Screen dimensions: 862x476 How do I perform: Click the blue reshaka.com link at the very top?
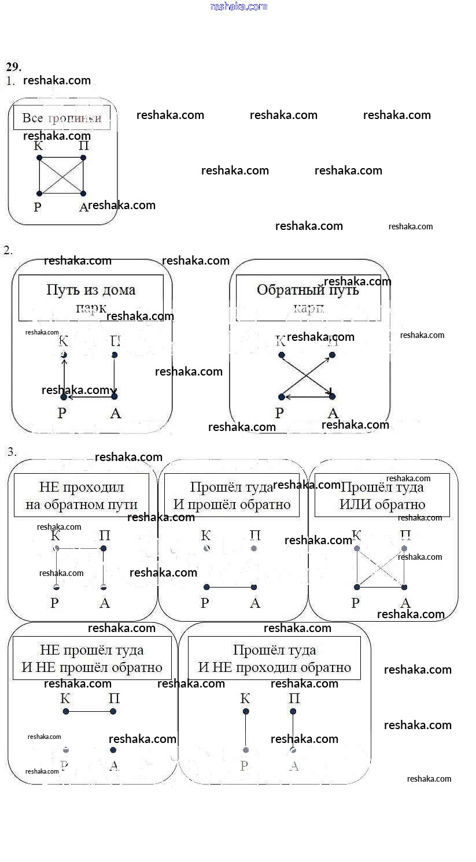(x=238, y=6)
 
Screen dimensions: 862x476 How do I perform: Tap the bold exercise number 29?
(x=13, y=66)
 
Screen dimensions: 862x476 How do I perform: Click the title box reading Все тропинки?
(x=62, y=118)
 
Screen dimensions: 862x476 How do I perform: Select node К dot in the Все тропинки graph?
(x=39, y=157)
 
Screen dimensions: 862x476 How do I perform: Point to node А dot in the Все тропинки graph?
(x=83, y=194)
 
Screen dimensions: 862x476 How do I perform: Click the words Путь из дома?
(x=91, y=289)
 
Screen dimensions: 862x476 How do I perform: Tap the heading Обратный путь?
(x=308, y=289)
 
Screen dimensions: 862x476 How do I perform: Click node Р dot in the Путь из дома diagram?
(x=64, y=397)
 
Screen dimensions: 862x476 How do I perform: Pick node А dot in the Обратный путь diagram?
(x=333, y=396)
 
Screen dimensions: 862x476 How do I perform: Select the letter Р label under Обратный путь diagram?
(x=280, y=413)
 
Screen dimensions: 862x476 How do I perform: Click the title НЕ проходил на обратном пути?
(x=82, y=496)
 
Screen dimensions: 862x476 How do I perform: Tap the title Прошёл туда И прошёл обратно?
(x=232, y=496)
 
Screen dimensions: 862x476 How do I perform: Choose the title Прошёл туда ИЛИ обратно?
(x=382, y=496)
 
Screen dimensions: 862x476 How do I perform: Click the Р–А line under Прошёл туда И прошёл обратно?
(x=230, y=588)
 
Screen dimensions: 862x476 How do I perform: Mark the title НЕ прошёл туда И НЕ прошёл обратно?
(x=92, y=659)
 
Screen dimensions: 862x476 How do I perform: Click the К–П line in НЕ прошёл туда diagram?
(x=90, y=711)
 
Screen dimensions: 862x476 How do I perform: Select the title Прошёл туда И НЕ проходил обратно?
(x=275, y=659)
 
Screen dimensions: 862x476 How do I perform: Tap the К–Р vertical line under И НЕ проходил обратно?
(x=246, y=730)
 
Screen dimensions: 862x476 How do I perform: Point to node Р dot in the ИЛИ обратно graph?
(x=357, y=588)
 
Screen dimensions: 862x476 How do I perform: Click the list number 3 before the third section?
(x=11, y=452)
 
